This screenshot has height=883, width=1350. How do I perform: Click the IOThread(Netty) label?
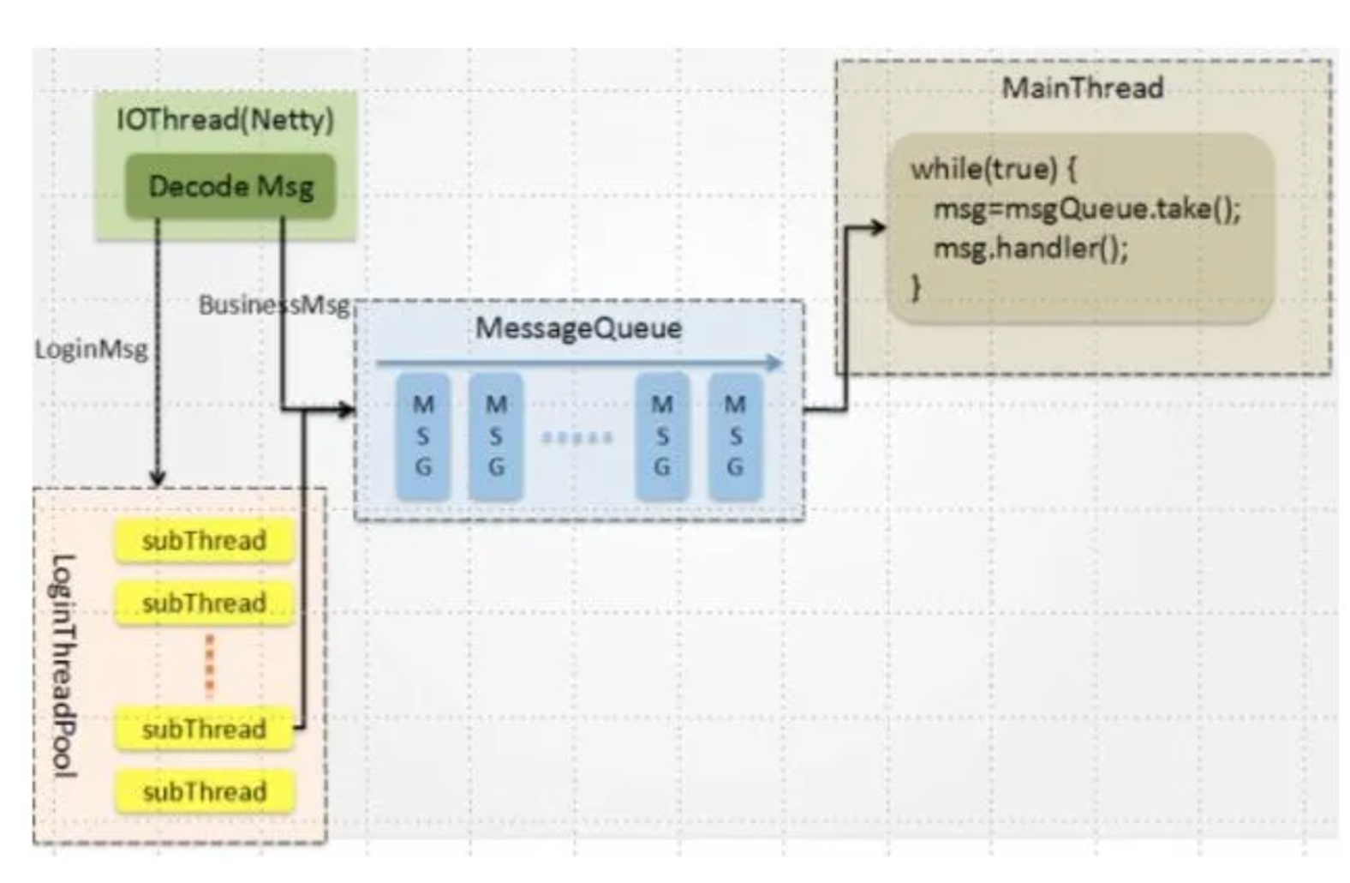(224, 119)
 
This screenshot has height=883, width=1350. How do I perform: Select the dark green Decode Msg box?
(230, 186)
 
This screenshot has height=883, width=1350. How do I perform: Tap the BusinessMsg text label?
(274, 304)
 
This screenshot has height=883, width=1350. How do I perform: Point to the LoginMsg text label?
(91, 349)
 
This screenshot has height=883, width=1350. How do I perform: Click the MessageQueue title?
(578, 327)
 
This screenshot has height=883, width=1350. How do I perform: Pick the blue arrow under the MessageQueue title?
(579, 363)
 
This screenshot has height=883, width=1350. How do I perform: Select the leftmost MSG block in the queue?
(423, 435)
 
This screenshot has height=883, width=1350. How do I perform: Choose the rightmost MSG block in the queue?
(735, 435)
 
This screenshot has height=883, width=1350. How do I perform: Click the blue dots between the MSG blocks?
(578, 438)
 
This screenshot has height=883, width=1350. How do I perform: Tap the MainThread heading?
(1082, 87)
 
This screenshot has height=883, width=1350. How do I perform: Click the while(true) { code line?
(993, 169)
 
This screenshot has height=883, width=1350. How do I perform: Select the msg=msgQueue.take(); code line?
(1086, 208)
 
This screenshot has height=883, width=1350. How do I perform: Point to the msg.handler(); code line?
(1030, 249)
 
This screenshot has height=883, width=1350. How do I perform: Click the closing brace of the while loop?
(916, 287)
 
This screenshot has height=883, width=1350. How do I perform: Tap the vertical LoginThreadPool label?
(63, 666)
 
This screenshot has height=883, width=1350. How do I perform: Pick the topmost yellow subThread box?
(204, 541)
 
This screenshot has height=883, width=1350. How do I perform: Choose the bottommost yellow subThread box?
(204, 791)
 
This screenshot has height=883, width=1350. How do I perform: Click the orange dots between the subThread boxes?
(209, 665)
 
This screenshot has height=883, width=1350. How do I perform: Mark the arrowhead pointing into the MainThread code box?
(877, 227)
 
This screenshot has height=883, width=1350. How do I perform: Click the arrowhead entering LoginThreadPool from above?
(157, 477)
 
